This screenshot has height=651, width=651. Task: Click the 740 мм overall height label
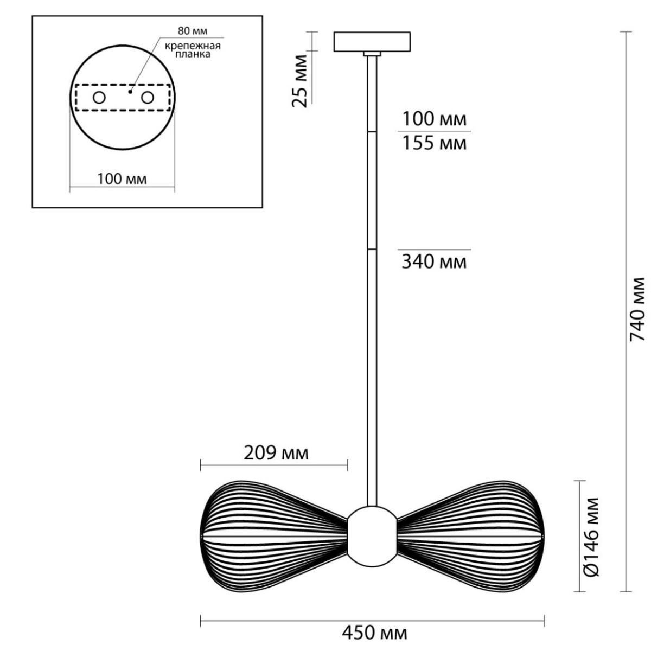[637, 309]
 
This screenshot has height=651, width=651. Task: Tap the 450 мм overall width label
[375, 633]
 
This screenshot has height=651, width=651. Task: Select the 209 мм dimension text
[276, 454]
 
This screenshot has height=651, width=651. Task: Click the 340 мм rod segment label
[434, 261]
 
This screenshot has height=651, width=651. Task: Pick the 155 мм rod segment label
[434, 143]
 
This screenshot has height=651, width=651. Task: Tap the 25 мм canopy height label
[299, 81]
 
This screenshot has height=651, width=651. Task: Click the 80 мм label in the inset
[193, 31]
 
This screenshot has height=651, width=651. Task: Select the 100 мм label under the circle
[122, 179]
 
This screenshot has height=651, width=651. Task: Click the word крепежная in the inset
[193, 46]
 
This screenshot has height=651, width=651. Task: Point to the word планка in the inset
[193, 54]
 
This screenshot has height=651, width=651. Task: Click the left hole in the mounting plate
[99, 98]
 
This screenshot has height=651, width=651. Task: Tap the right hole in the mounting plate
[148, 98]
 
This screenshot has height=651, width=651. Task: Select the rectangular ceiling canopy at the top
[372, 42]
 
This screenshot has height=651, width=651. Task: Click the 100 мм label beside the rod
[434, 119]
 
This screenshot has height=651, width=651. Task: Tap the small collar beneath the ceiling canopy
[372, 54]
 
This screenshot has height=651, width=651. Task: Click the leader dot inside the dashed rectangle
[130, 92]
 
